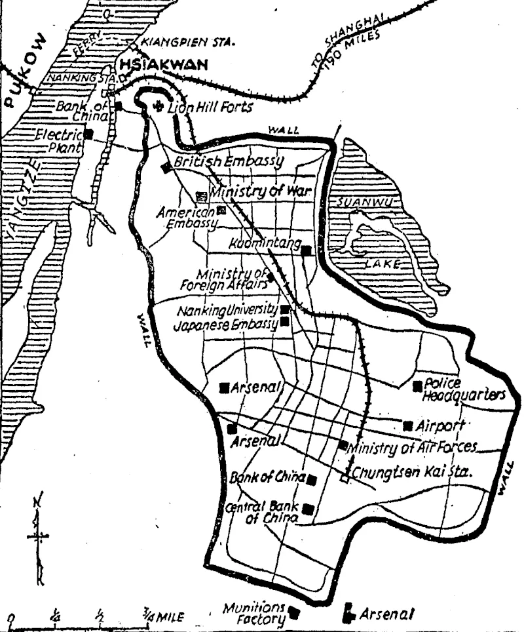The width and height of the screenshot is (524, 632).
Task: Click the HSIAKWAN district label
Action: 162,64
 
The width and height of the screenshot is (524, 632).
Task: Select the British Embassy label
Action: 229,161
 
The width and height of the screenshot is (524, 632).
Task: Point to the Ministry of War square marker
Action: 202,195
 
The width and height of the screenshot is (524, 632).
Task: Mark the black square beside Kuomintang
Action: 305,248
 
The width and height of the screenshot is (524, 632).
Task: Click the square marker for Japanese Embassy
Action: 285,321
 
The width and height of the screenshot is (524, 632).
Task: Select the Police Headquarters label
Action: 464,389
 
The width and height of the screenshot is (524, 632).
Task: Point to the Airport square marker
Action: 408,425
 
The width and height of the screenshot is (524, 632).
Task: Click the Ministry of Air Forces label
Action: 413,448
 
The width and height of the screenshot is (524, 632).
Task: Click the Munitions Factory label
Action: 255,612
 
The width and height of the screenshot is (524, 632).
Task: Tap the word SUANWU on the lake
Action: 364,203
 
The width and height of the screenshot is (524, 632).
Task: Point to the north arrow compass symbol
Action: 39,534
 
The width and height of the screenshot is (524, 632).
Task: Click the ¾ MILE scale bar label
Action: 164,617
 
